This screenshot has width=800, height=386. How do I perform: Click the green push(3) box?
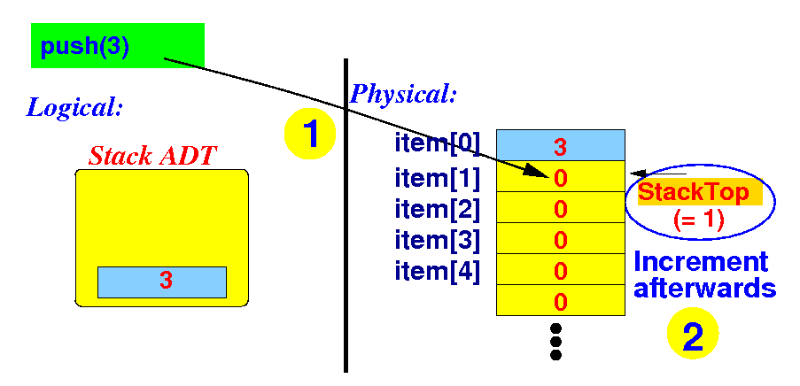(117, 46)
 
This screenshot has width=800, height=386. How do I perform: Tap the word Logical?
(74, 108)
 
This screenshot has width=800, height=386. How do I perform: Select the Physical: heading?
(404, 93)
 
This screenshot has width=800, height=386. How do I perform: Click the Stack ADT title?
(152, 157)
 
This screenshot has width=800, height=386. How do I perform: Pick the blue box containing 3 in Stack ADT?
(162, 282)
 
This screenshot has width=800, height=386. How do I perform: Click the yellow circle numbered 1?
(309, 134)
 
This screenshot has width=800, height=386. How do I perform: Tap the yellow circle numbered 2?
(692, 336)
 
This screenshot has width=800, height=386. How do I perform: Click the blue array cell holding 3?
(560, 144)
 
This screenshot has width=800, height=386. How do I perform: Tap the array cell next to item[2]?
(560, 209)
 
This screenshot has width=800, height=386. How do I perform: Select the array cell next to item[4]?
(560, 270)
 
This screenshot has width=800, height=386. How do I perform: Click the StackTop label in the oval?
(694, 192)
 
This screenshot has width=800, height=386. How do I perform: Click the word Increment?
(702, 262)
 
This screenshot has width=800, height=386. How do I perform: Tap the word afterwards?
(705, 289)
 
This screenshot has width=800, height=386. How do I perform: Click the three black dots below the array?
(556, 341)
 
